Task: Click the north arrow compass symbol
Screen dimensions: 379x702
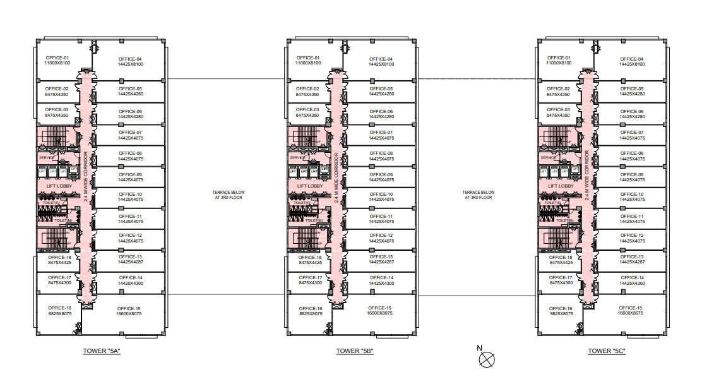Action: pyautogui.click(x=487, y=358)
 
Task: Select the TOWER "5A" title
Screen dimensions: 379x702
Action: pyautogui.click(x=102, y=351)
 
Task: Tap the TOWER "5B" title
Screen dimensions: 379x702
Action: pyautogui.click(x=355, y=351)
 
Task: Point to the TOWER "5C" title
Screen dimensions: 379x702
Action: pyautogui.click(x=607, y=351)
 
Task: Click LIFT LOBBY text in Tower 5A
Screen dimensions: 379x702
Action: pyautogui.click(x=59, y=186)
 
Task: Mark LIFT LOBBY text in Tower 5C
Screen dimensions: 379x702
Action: pyautogui.click(x=561, y=186)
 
